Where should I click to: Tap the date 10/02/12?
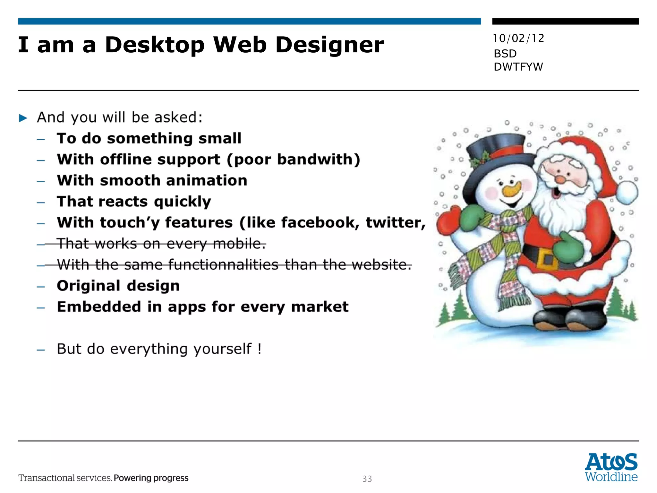518,39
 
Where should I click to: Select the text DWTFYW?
518,67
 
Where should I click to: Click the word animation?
207,180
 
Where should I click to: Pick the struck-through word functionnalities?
223,265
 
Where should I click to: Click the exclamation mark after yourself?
259,349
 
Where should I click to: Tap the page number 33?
367,479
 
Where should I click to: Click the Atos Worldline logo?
611,467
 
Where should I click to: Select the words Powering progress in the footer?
151,478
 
